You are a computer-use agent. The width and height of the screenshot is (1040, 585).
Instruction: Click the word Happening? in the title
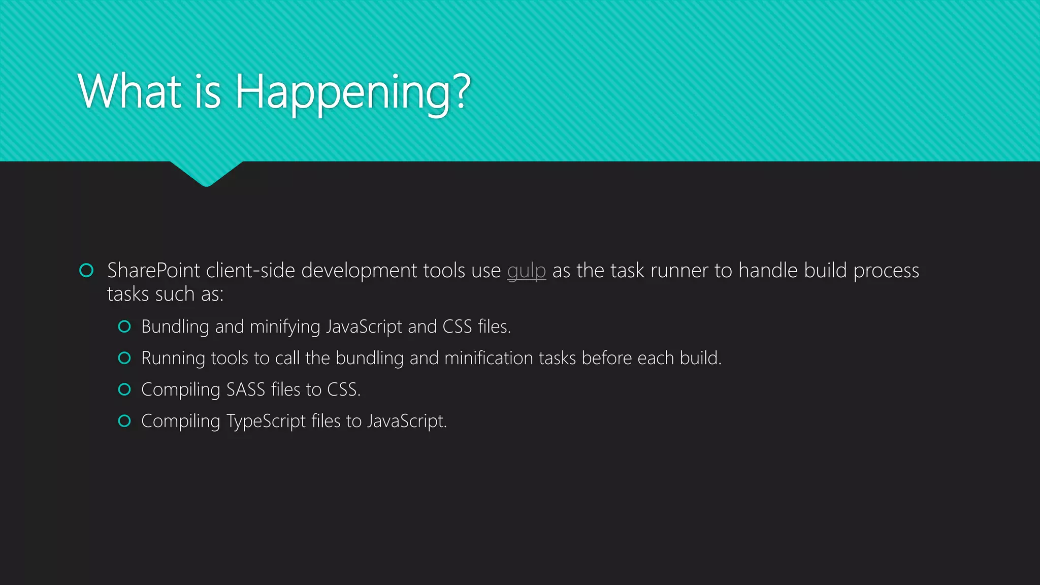pos(352,92)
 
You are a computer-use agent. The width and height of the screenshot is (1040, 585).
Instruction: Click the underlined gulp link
pos(526,271)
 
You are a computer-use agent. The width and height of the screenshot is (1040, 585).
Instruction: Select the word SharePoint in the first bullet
pos(153,271)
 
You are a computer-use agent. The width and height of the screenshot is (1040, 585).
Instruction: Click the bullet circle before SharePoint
pos(86,270)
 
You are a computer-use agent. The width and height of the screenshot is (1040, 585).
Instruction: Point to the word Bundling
pos(175,327)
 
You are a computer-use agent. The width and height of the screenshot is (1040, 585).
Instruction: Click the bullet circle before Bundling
pos(124,327)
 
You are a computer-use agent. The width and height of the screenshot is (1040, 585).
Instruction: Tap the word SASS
pos(246,389)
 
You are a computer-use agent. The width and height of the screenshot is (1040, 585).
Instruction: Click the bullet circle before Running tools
pos(124,358)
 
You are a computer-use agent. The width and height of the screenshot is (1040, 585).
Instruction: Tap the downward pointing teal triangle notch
pos(206,173)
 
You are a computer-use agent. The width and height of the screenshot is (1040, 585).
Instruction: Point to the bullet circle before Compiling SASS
pos(124,389)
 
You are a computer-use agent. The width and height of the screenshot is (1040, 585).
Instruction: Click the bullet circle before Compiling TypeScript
pos(124,421)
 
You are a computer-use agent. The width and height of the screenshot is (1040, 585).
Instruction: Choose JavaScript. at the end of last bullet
pos(407,421)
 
